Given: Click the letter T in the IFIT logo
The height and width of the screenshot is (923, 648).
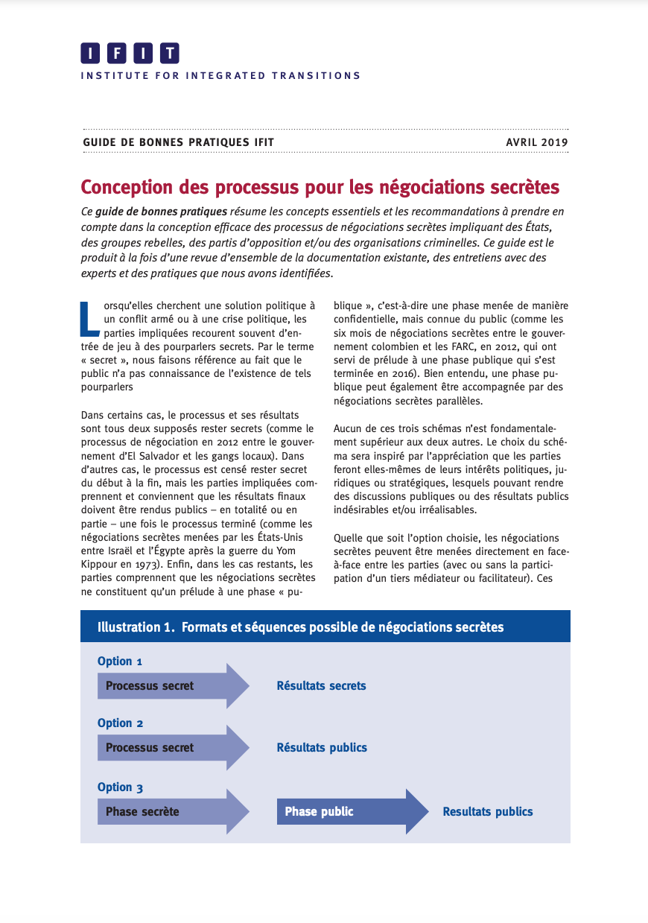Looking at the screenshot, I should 170,54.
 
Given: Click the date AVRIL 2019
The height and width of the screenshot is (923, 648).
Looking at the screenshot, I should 537,142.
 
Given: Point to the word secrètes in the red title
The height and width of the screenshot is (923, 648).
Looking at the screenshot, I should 519,187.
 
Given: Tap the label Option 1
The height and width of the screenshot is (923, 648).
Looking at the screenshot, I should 120,662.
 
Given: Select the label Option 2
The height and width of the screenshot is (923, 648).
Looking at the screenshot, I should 120,723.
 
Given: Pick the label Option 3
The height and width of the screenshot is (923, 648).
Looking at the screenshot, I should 120,787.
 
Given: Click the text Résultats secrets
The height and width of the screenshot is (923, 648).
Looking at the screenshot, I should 321,686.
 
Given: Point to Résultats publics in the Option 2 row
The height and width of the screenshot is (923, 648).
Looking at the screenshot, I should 322,748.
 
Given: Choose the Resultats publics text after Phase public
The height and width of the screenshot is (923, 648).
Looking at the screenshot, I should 488,812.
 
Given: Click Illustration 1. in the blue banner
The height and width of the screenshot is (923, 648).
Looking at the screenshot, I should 135,627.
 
